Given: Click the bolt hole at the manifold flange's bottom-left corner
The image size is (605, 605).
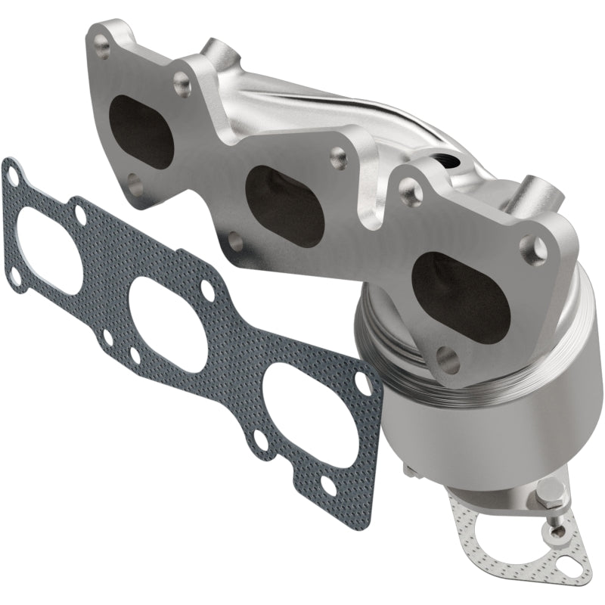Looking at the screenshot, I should pyautogui.click(x=134, y=181).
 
